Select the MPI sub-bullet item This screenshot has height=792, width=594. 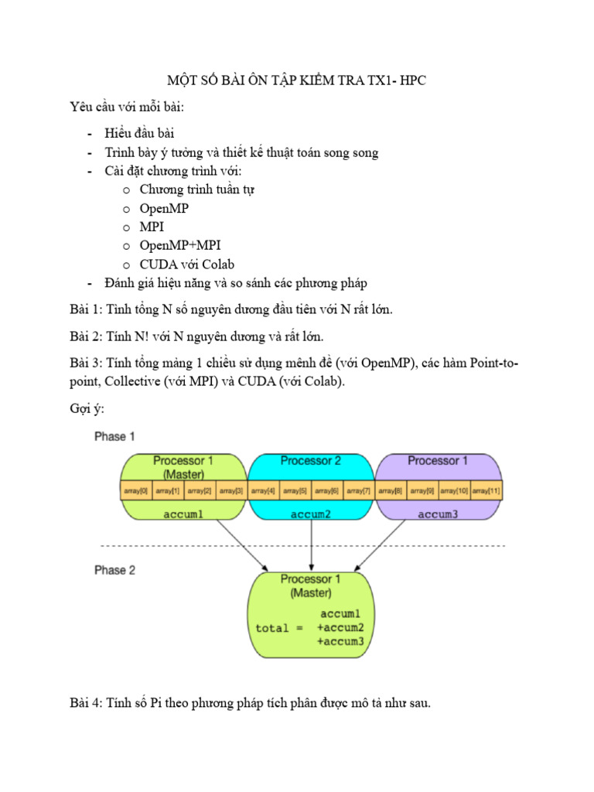point(152,227)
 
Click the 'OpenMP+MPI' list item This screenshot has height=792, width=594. point(175,246)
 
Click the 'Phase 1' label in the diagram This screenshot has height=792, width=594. point(114,437)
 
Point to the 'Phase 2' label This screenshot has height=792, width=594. point(114,570)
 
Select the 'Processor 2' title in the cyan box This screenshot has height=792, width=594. point(310,461)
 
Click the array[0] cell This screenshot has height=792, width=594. point(136,490)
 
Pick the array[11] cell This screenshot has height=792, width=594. point(486,490)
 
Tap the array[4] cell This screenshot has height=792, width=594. point(263,490)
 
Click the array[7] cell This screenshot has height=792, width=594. point(358,490)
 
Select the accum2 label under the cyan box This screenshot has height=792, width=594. point(310,513)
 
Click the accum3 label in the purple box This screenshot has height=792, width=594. point(437,513)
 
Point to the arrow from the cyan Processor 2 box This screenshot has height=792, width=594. point(310,545)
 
